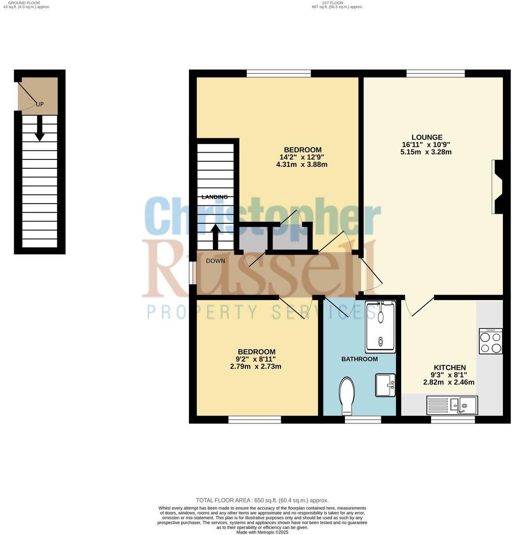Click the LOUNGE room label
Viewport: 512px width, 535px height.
coord(427,137)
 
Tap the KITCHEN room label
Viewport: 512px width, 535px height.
coord(449,368)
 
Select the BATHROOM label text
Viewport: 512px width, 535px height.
coord(359,359)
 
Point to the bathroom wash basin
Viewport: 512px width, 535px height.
coord(385,385)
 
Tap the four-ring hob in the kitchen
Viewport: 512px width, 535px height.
coord(490,341)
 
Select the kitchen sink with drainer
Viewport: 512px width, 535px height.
coord(452,405)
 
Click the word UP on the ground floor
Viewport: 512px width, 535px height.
coord(40,104)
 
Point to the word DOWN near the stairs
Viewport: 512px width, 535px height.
coord(215,261)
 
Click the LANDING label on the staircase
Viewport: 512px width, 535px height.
coord(215,197)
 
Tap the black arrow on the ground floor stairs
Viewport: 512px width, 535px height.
coord(40,128)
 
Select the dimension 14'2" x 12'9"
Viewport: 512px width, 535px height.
coord(302,157)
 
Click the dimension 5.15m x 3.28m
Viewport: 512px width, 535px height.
coord(426,152)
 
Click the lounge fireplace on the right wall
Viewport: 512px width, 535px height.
coord(496,187)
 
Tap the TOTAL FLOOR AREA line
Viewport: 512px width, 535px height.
coord(262,500)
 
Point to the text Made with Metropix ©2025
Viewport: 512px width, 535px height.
coord(262,532)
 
